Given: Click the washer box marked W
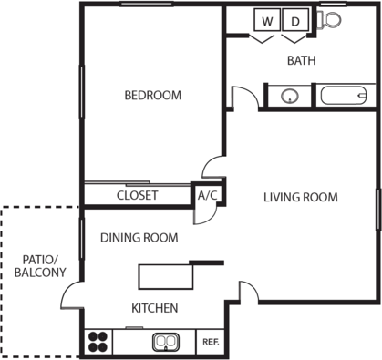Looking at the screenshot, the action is point(267,20).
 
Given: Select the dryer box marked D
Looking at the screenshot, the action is point(295,20).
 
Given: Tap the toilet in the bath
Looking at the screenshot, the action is point(328,20).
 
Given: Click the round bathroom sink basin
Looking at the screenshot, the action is point(290,97).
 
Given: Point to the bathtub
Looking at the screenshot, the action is point(344,96).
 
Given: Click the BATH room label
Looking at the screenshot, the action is point(302,60).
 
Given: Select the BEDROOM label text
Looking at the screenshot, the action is point(153,96).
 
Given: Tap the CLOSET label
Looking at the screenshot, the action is point(138,195).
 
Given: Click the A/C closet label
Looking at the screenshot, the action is point(208,195).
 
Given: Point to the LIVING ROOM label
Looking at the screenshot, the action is point(301,197).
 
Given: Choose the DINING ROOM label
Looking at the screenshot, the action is point(139,238).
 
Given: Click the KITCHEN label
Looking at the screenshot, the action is point(155,308).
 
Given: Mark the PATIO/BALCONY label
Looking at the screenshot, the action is point(40,266).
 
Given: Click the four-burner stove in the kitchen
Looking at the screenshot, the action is point(98,342).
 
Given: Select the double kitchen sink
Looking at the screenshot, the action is point(166,342).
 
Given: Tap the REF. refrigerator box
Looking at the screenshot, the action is point(211,342).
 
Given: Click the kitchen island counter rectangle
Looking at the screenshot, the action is point(166,277).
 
